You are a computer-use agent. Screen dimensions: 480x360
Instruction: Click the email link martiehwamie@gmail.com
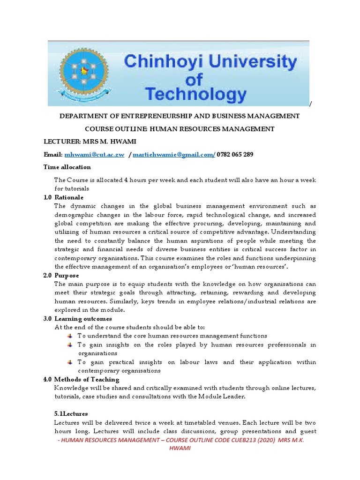tap(173, 155)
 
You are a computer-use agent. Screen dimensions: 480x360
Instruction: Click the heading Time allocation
tap(67, 167)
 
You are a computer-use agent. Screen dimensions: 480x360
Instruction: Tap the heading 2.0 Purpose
tap(61, 275)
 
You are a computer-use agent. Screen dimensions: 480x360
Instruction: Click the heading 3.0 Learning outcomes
tap(78, 319)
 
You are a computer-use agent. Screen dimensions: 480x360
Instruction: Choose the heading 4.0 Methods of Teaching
tap(82, 379)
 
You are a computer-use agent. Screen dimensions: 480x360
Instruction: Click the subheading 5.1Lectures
tap(68, 414)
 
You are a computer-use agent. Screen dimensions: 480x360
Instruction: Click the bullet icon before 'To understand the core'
tap(69, 336)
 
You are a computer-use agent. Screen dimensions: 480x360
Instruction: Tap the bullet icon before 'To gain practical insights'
tap(69, 362)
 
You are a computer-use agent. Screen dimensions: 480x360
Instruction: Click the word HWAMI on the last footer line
tap(180, 449)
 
